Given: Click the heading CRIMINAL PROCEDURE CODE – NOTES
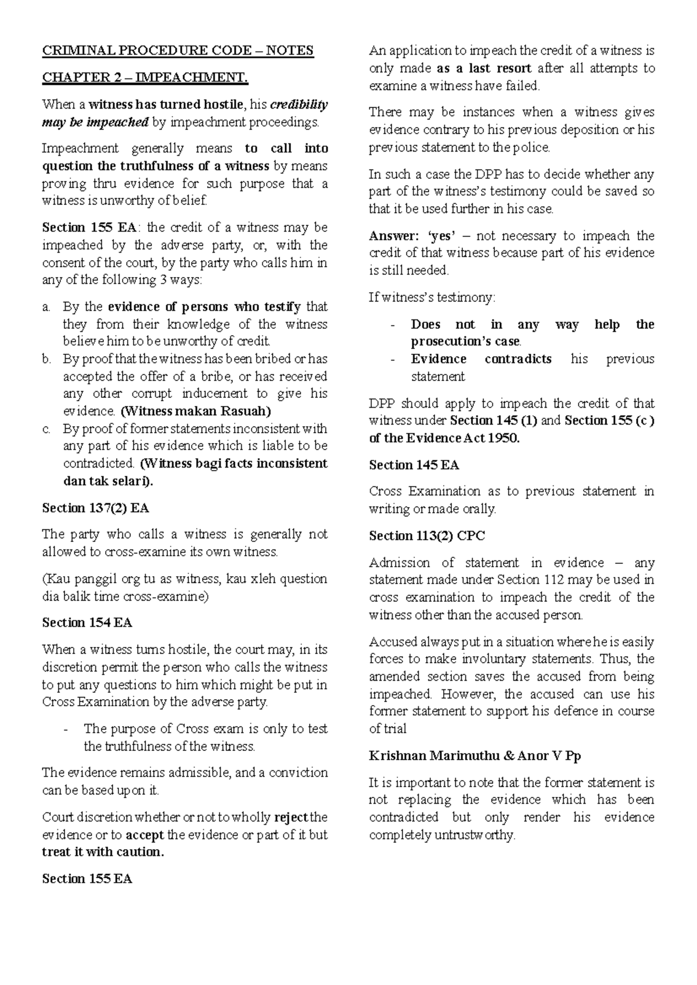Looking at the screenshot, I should click(x=178, y=51).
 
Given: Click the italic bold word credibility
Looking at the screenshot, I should click(x=300, y=105).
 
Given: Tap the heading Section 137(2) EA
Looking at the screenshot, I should click(x=96, y=508).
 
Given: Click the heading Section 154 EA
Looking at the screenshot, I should click(x=87, y=623).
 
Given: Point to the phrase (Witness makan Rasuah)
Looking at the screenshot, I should click(x=196, y=411).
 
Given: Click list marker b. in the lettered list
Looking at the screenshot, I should click(x=47, y=360).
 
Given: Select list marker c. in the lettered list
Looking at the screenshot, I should click(x=47, y=429).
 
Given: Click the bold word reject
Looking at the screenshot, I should click(x=291, y=818).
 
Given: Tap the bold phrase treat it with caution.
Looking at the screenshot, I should click(x=103, y=852).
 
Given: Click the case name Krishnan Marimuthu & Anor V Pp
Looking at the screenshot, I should click(x=475, y=756).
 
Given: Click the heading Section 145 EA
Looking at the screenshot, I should click(x=414, y=465).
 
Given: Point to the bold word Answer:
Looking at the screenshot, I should click(x=393, y=236).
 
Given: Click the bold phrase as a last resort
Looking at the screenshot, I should click(x=483, y=69).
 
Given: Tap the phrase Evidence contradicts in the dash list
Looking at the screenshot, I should click(x=481, y=360).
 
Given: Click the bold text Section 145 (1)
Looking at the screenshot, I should click(x=495, y=420).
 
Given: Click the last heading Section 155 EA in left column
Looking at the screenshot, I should click(x=87, y=879).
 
